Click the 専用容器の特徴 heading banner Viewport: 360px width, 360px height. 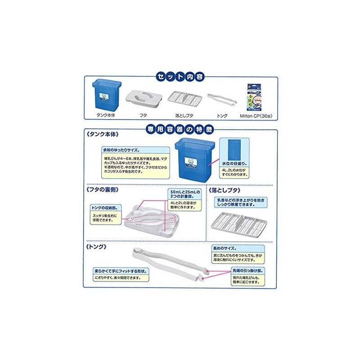click(180, 129)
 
